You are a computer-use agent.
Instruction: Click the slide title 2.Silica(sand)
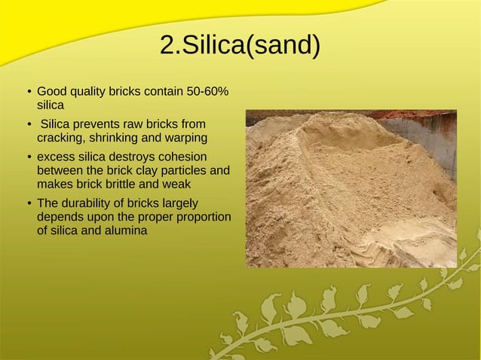pos(240,46)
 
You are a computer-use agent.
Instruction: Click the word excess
pos(57,157)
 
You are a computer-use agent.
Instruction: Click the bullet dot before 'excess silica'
pos(29,157)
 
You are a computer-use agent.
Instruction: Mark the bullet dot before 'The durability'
pos(29,203)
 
